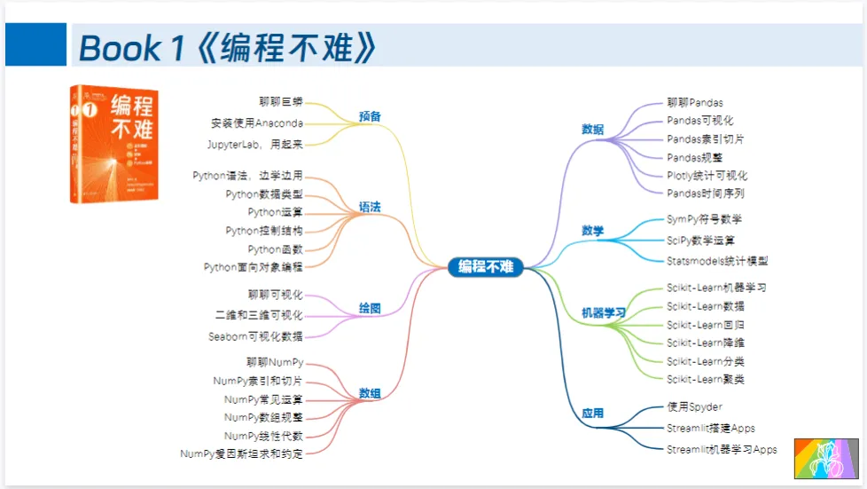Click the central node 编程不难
(x=485, y=266)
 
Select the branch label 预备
(x=370, y=116)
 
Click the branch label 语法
(x=370, y=207)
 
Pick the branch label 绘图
(x=370, y=309)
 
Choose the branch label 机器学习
(x=603, y=313)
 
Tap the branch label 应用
(x=592, y=414)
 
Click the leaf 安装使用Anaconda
(x=257, y=122)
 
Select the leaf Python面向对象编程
(x=253, y=266)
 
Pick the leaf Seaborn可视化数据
(x=255, y=336)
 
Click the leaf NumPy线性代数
(x=263, y=436)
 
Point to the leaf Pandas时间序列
(x=705, y=193)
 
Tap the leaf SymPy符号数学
(x=704, y=219)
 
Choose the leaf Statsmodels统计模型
(x=717, y=261)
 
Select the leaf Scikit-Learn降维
(x=706, y=343)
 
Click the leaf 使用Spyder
(x=694, y=407)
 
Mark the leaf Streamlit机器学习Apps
(x=722, y=449)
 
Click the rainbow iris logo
(x=825, y=458)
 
